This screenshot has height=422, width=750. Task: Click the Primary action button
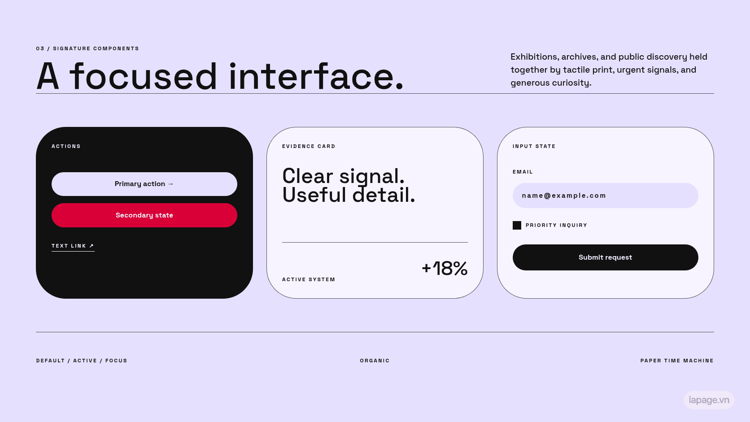(144, 184)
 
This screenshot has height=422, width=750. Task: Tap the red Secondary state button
(144, 215)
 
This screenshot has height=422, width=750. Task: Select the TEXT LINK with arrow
(73, 246)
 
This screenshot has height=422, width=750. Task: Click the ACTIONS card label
(66, 146)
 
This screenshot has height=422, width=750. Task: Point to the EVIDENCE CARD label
(309, 146)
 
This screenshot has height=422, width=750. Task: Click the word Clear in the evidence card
(308, 176)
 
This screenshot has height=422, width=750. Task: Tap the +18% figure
(445, 268)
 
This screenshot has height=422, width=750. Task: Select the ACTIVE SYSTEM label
(309, 279)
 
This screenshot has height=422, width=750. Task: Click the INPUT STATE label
(534, 146)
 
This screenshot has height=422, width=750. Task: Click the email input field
(606, 196)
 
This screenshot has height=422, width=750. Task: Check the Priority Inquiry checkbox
(517, 225)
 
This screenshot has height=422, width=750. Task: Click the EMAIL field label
(523, 172)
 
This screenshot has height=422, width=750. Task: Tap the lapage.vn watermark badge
(709, 400)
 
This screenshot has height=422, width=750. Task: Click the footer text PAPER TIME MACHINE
(677, 361)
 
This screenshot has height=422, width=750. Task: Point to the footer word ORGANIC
(375, 361)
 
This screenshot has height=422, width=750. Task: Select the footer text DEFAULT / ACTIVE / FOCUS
(82, 361)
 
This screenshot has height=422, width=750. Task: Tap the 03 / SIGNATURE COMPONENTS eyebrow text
(87, 48)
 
